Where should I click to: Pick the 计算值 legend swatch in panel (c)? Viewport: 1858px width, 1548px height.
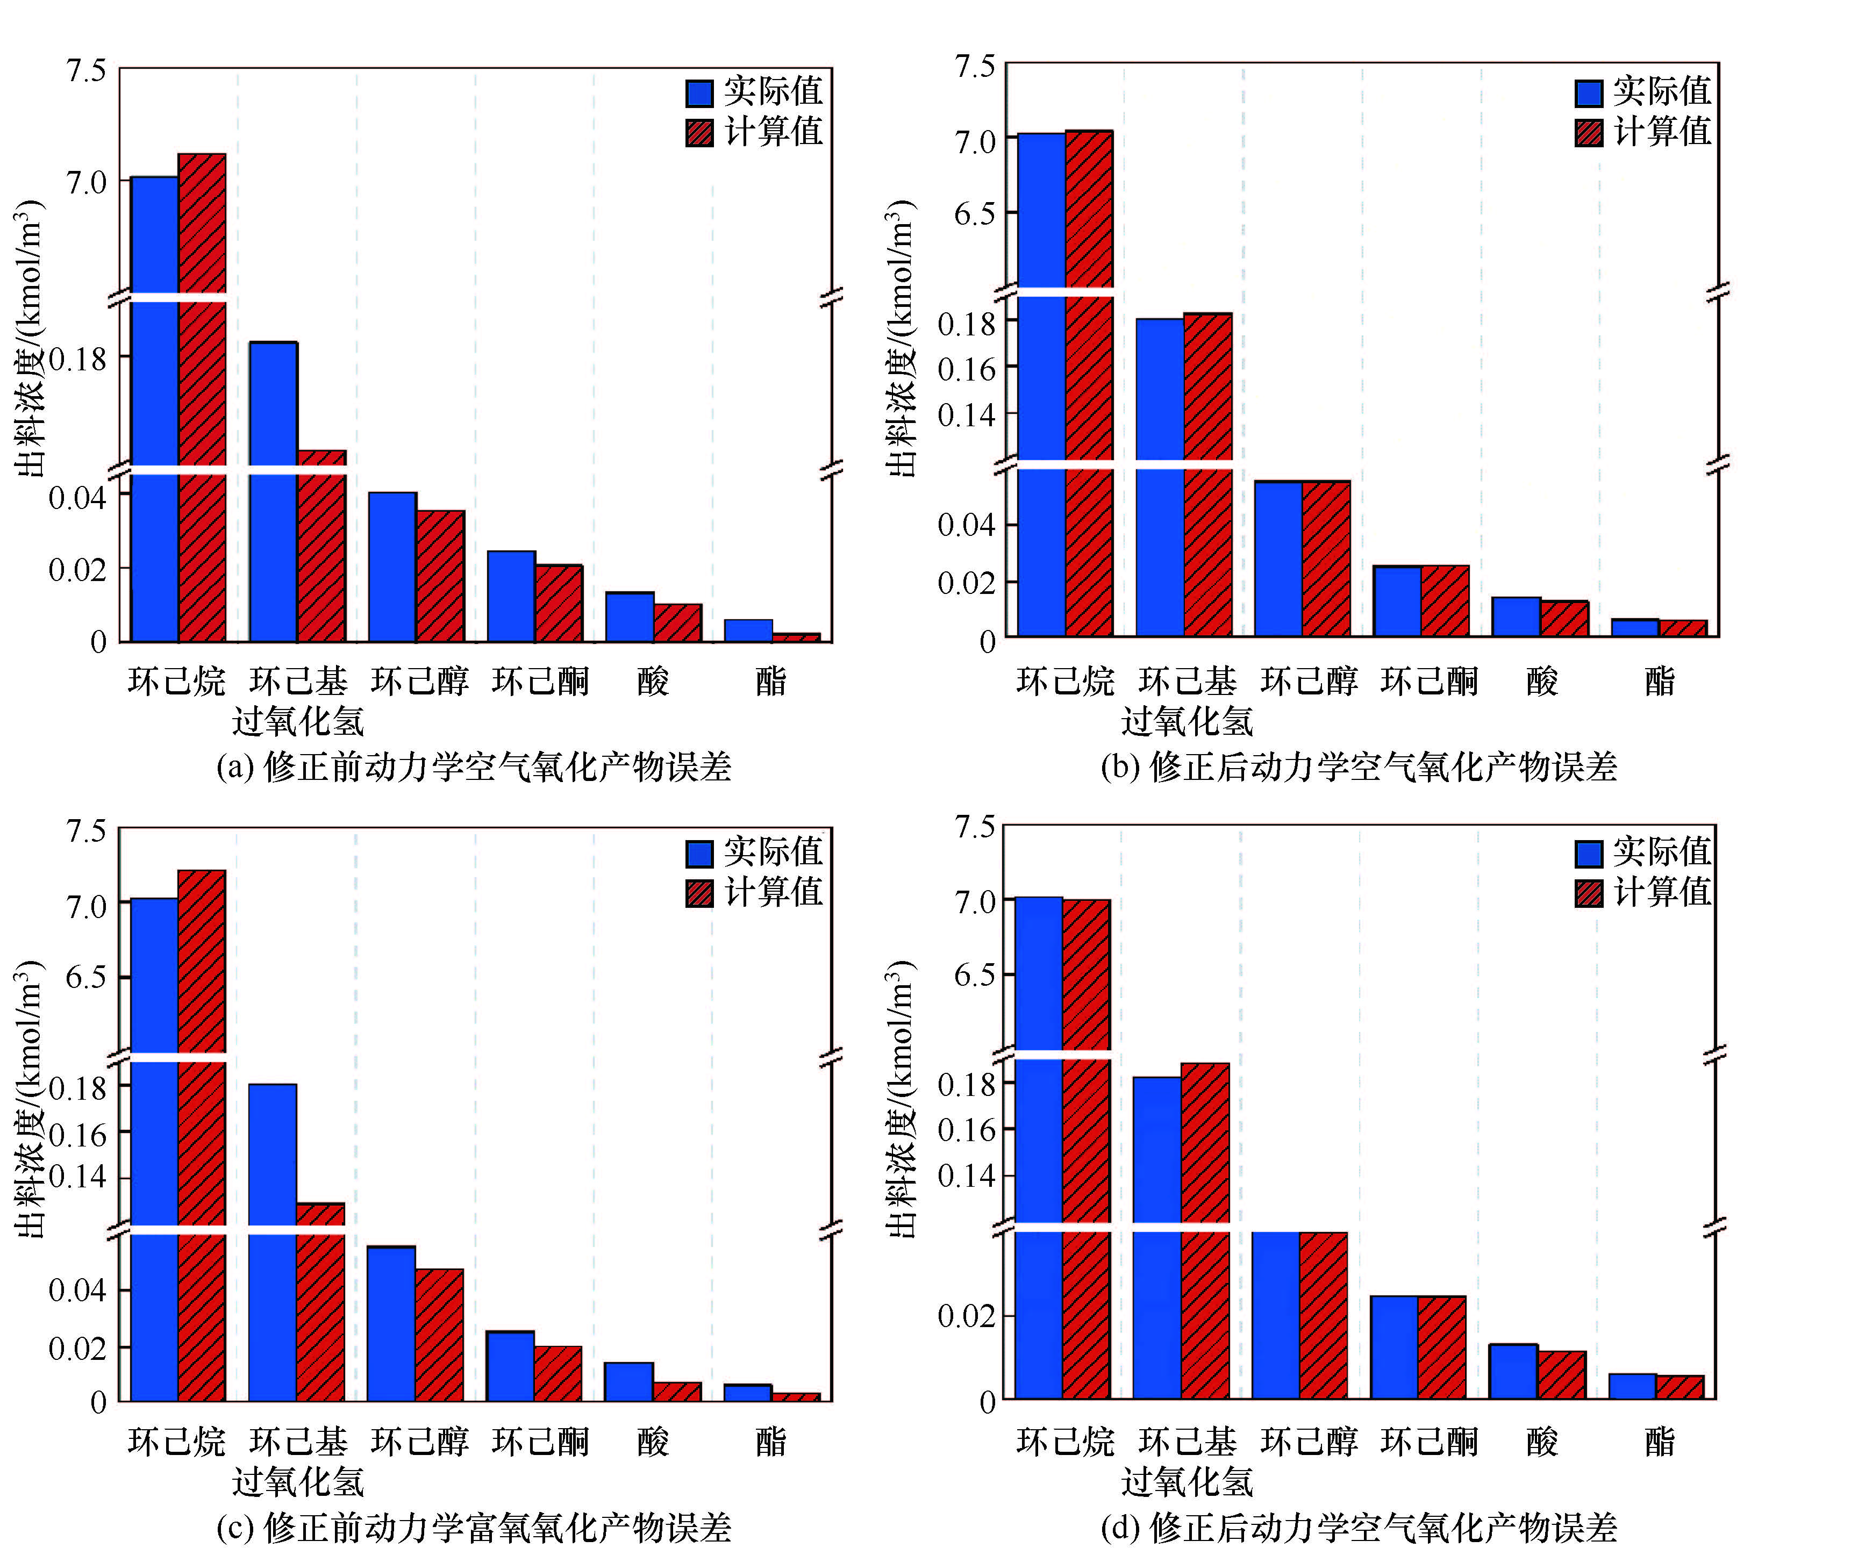[x=699, y=893]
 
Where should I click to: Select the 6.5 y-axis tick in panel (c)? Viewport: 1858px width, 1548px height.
[x=86, y=978]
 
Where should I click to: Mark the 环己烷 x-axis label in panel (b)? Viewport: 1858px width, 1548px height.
[x=1065, y=681]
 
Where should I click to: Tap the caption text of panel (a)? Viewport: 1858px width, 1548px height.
[x=474, y=766]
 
